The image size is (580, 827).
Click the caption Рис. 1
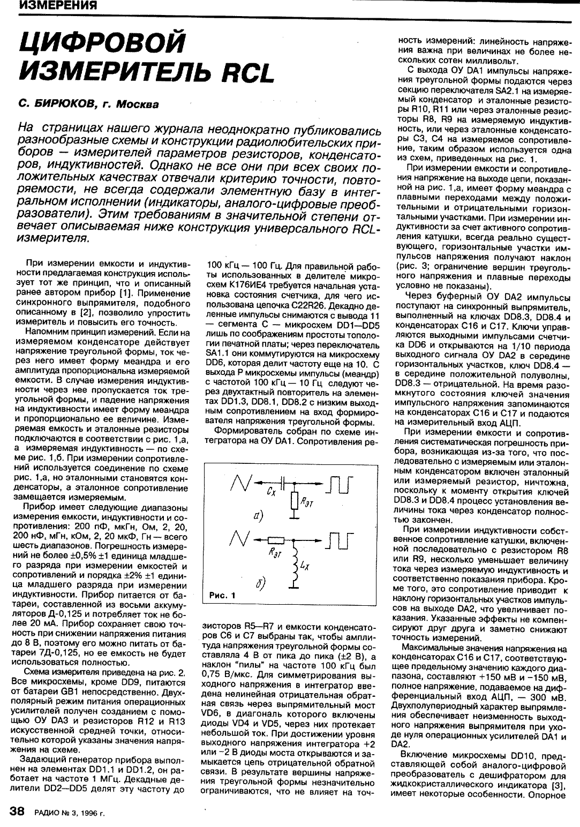tap(222, 595)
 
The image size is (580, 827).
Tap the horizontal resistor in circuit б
tap(276, 540)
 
